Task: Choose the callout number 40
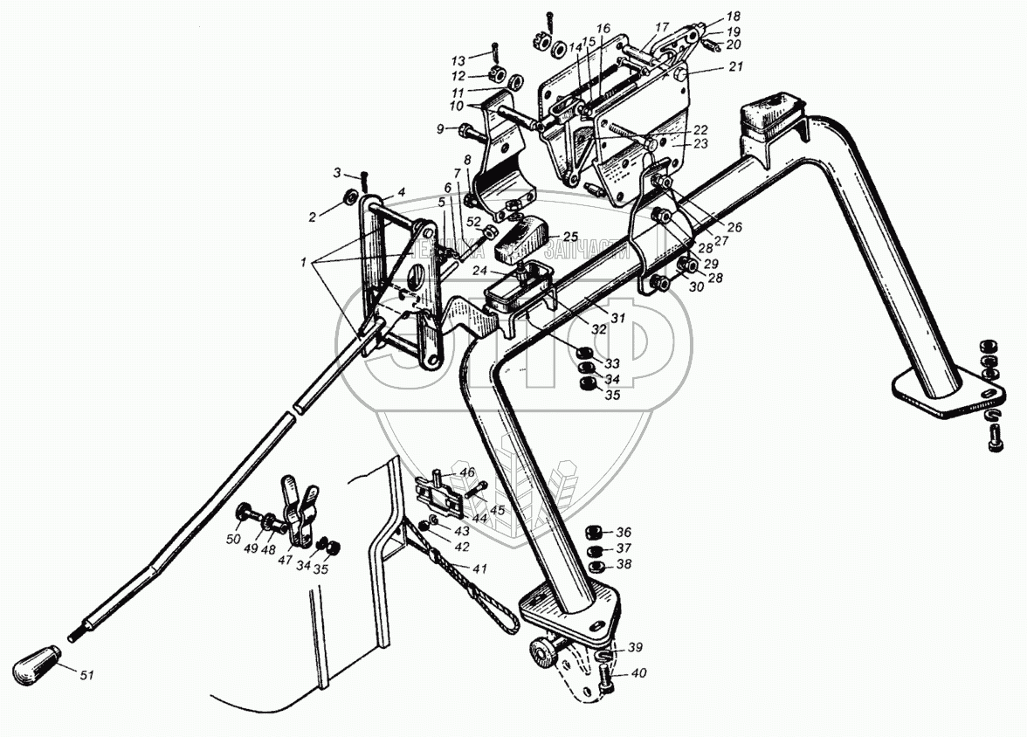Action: click(x=641, y=672)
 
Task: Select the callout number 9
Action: click(x=440, y=130)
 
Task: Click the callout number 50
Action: click(x=232, y=540)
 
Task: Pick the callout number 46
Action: click(x=467, y=472)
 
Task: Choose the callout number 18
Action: click(x=732, y=17)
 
